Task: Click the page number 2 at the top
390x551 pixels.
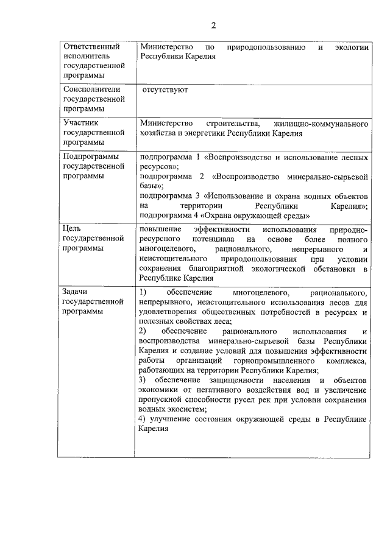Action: coord(213,25)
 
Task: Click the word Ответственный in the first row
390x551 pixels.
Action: coord(91,46)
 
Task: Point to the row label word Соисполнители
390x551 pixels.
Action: coord(92,89)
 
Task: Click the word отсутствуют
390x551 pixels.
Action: coord(165,89)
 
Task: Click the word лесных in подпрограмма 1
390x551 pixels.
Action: coord(354,157)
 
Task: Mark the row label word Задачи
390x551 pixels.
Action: coord(77,292)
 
